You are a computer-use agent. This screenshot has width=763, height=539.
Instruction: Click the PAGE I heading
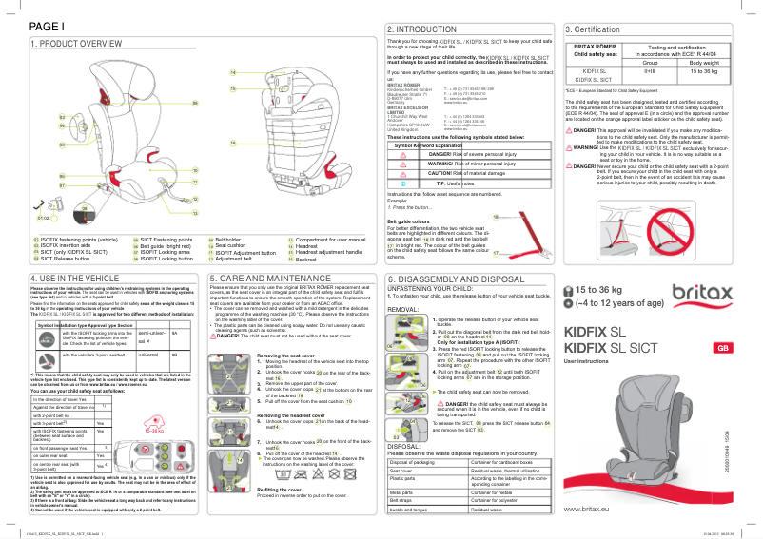(x=47, y=27)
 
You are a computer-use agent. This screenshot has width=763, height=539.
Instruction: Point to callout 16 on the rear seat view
(x=231, y=142)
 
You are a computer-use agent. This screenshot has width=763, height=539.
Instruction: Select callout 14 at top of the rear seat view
(x=232, y=72)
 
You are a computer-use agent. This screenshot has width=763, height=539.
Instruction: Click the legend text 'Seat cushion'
(x=234, y=245)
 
